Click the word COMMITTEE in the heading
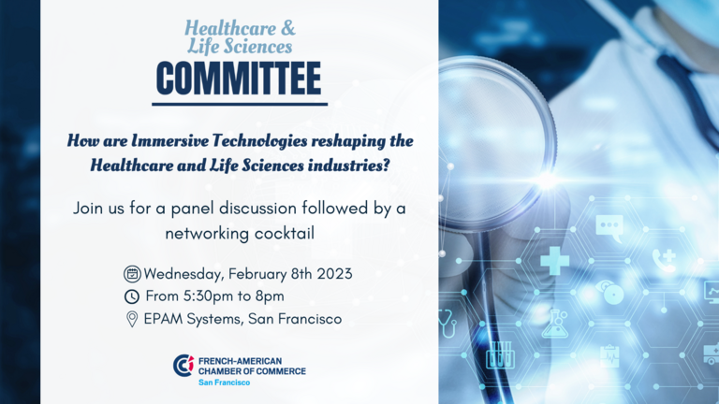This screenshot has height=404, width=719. (x=239, y=79)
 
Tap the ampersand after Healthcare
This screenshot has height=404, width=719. (x=287, y=28)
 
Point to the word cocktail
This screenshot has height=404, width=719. (x=285, y=233)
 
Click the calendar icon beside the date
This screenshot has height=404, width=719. (x=132, y=274)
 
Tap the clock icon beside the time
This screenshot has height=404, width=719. (x=132, y=296)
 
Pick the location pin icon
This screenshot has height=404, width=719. (x=132, y=319)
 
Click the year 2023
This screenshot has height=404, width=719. (x=335, y=274)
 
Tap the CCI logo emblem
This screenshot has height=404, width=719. (x=183, y=366)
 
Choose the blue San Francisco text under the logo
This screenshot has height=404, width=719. (x=225, y=382)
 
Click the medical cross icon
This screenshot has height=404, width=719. (x=555, y=261)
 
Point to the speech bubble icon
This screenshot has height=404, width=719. (x=609, y=227)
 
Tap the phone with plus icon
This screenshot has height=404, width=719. (x=665, y=261)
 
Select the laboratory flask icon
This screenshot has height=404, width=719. (x=555, y=325)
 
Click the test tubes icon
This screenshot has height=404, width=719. (x=500, y=355)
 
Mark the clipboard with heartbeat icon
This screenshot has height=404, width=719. (x=609, y=356)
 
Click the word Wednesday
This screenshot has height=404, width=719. (x=183, y=274)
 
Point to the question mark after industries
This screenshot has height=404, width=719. (x=386, y=166)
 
